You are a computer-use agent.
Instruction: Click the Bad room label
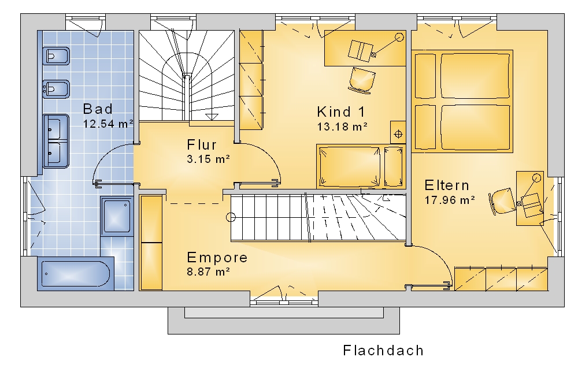[x=98, y=109]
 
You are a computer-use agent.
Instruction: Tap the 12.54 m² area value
[x=108, y=124]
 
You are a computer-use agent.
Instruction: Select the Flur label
[x=202, y=145]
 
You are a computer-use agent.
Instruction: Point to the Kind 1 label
[x=341, y=111]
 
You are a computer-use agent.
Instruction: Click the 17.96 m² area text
[x=450, y=200]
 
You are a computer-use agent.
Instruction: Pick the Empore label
[x=217, y=258]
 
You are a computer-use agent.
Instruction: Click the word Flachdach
[x=383, y=350]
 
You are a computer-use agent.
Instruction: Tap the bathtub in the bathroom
[x=75, y=274]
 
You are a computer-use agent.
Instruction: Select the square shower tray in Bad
[x=117, y=216]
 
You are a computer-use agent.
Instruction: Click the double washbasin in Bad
[x=56, y=141]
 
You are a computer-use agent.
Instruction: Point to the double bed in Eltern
[x=462, y=101]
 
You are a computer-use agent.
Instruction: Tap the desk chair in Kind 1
[x=362, y=79]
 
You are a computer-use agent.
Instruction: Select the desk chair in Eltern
[x=502, y=201]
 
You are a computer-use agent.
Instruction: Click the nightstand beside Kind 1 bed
[x=398, y=133]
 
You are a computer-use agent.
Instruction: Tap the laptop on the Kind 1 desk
[x=361, y=50]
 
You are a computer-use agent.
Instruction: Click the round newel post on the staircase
[x=231, y=217]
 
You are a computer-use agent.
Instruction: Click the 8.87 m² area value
[x=209, y=272]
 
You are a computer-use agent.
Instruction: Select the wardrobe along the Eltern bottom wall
[x=501, y=278]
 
